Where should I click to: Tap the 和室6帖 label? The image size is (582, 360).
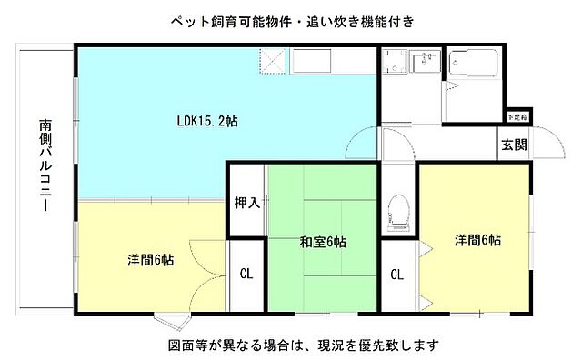322,242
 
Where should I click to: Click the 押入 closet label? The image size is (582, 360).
246,202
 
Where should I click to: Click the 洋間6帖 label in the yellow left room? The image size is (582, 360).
151,259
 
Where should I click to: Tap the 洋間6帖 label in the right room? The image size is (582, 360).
479,240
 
